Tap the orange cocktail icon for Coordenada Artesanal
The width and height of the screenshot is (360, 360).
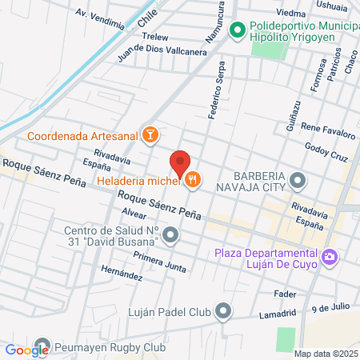pyautogui.click(x=149, y=135)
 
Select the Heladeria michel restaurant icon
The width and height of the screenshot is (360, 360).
pyautogui.click(x=192, y=181)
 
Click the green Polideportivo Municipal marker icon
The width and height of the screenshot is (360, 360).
pyautogui.click(x=236, y=31)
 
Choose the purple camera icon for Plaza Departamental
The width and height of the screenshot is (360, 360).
pyautogui.click(x=330, y=258)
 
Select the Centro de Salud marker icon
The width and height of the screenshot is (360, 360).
pyautogui.click(x=172, y=235)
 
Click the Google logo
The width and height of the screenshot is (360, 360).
pyautogui.click(x=26, y=350)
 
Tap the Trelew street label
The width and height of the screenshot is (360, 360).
pyautogui.click(x=154, y=37)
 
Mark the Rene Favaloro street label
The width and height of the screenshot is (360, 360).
pyautogui.click(x=327, y=127)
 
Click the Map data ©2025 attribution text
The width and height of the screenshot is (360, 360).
pyautogui.click(x=326, y=353)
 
